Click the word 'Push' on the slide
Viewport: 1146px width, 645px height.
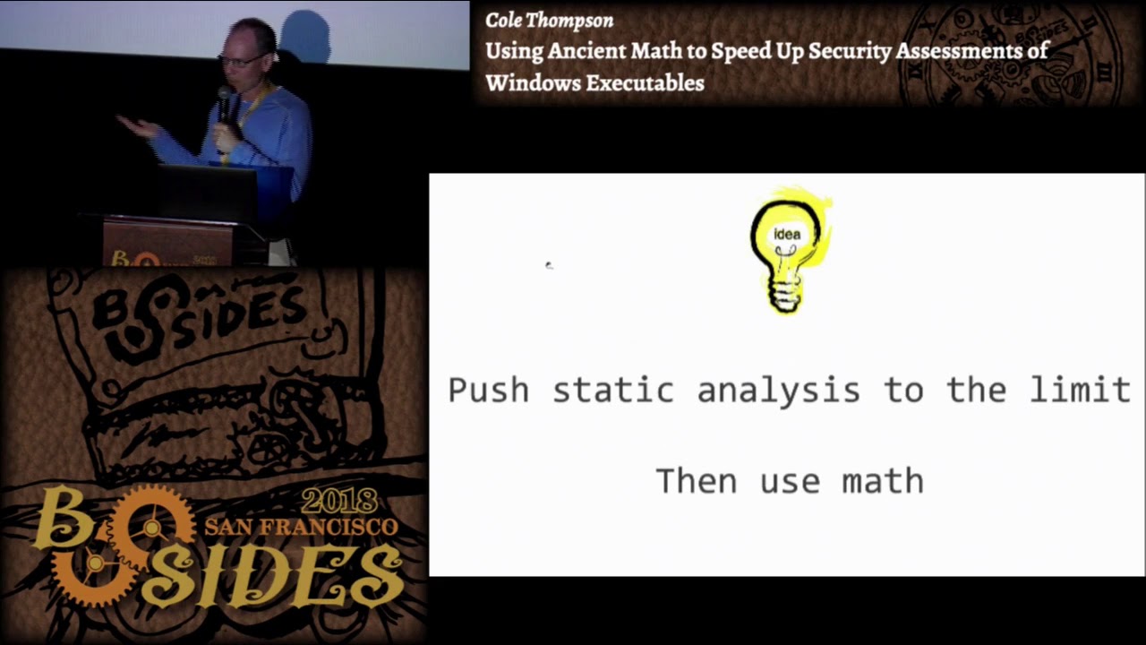click(x=488, y=391)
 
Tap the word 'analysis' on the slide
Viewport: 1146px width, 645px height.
click(x=778, y=391)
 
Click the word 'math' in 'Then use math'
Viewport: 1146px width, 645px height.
click(x=883, y=481)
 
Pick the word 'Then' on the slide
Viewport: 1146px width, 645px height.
click(x=697, y=481)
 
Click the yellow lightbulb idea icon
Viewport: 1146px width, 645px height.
click(x=788, y=251)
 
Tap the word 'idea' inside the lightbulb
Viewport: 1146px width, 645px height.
click(x=787, y=235)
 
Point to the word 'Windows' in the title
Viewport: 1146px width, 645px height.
click(x=531, y=83)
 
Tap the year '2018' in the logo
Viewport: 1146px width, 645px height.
click(x=339, y=501)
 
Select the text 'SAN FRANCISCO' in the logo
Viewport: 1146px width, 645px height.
click(x=301, y=526)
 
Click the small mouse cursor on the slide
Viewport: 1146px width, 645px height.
click(x=549, y=265)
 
